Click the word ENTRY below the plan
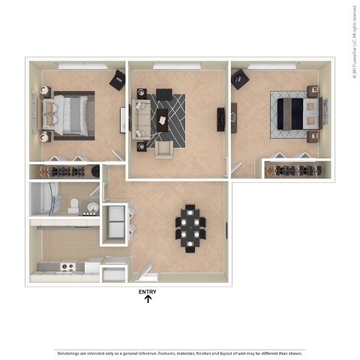(x=148, y=292)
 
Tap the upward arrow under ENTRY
(x=148, y=299)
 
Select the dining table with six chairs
(x=190, y=228)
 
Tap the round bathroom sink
(x=92, y=206)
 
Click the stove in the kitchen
(x=68, y=266)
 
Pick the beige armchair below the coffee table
(x=164, y=150)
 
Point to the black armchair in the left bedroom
(x=118, y=79)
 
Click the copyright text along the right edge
(x=353, y=41)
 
